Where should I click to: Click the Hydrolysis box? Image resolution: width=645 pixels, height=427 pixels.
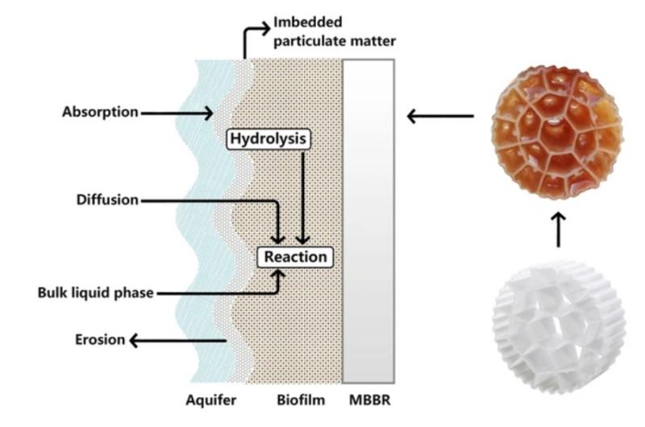point(268,139)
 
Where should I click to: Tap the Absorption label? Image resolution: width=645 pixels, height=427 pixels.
point(100,112)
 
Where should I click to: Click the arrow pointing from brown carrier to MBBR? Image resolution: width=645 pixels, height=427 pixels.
point(440,117)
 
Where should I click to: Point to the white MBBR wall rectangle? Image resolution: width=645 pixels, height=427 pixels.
point(368,221)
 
